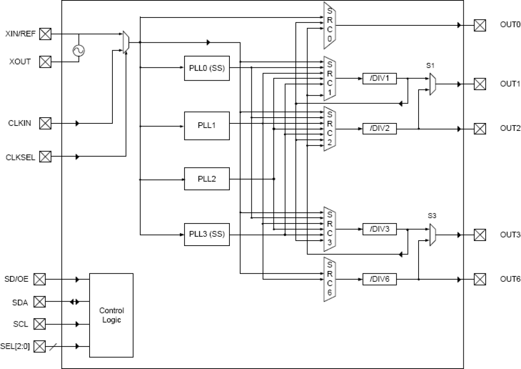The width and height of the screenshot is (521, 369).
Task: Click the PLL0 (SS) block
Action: tap(207, 67)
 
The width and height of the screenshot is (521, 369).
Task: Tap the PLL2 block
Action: tap(207, 179)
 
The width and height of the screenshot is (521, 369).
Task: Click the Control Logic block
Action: tap(112, 315)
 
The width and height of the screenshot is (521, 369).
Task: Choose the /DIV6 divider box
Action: tap(380, 279)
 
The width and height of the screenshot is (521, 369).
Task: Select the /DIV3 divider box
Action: tap(380, 229)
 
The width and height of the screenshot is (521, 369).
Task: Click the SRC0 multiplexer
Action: tap(329, 26)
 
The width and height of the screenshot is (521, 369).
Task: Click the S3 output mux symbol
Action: tap(432, 235)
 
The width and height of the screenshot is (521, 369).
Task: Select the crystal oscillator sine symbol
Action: tap(78, 50)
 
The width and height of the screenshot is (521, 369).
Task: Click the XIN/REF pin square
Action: tap(45, 34)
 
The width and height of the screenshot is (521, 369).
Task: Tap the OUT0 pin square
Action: tap(480, 26)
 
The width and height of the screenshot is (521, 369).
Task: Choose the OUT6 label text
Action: tap(510, 279)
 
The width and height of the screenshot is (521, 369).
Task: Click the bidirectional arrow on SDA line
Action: tap(74, 302)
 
